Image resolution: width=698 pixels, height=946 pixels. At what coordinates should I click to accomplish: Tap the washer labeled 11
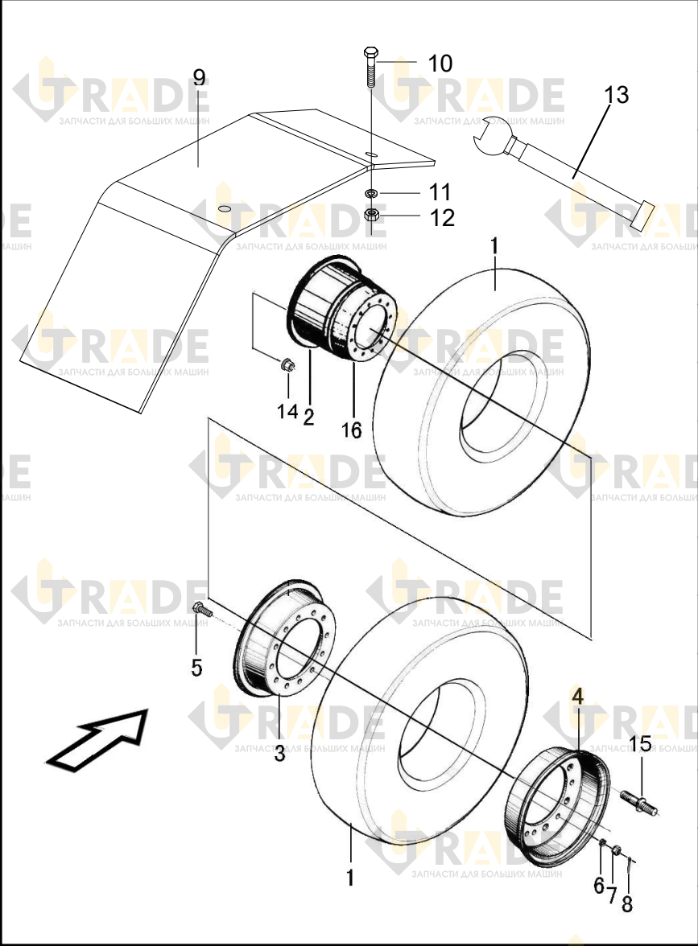pos(371,193)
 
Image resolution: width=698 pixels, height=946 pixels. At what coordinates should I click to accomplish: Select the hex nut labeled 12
pos(372,214)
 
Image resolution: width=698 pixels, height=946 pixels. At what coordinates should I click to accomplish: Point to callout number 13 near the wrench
pos(617,95)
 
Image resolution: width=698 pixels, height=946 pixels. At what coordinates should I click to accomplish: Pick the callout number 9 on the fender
pos(200,77)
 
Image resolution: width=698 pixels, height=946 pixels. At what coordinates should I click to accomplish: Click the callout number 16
pos(351,430)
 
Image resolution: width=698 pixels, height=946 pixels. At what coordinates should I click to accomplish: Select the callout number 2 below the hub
pos(308,417)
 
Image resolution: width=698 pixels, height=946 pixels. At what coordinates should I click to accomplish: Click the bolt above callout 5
pos(201,610)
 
